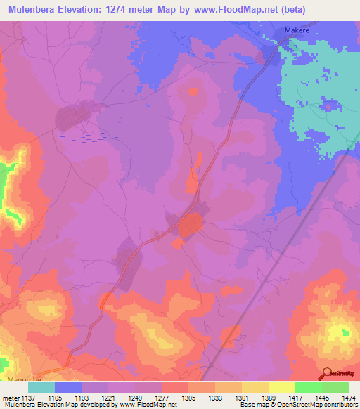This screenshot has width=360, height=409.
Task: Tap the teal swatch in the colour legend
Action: point(41,387)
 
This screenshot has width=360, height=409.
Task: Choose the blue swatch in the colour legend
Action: point(68,387)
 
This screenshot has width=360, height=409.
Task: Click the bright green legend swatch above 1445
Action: point(308,387)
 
